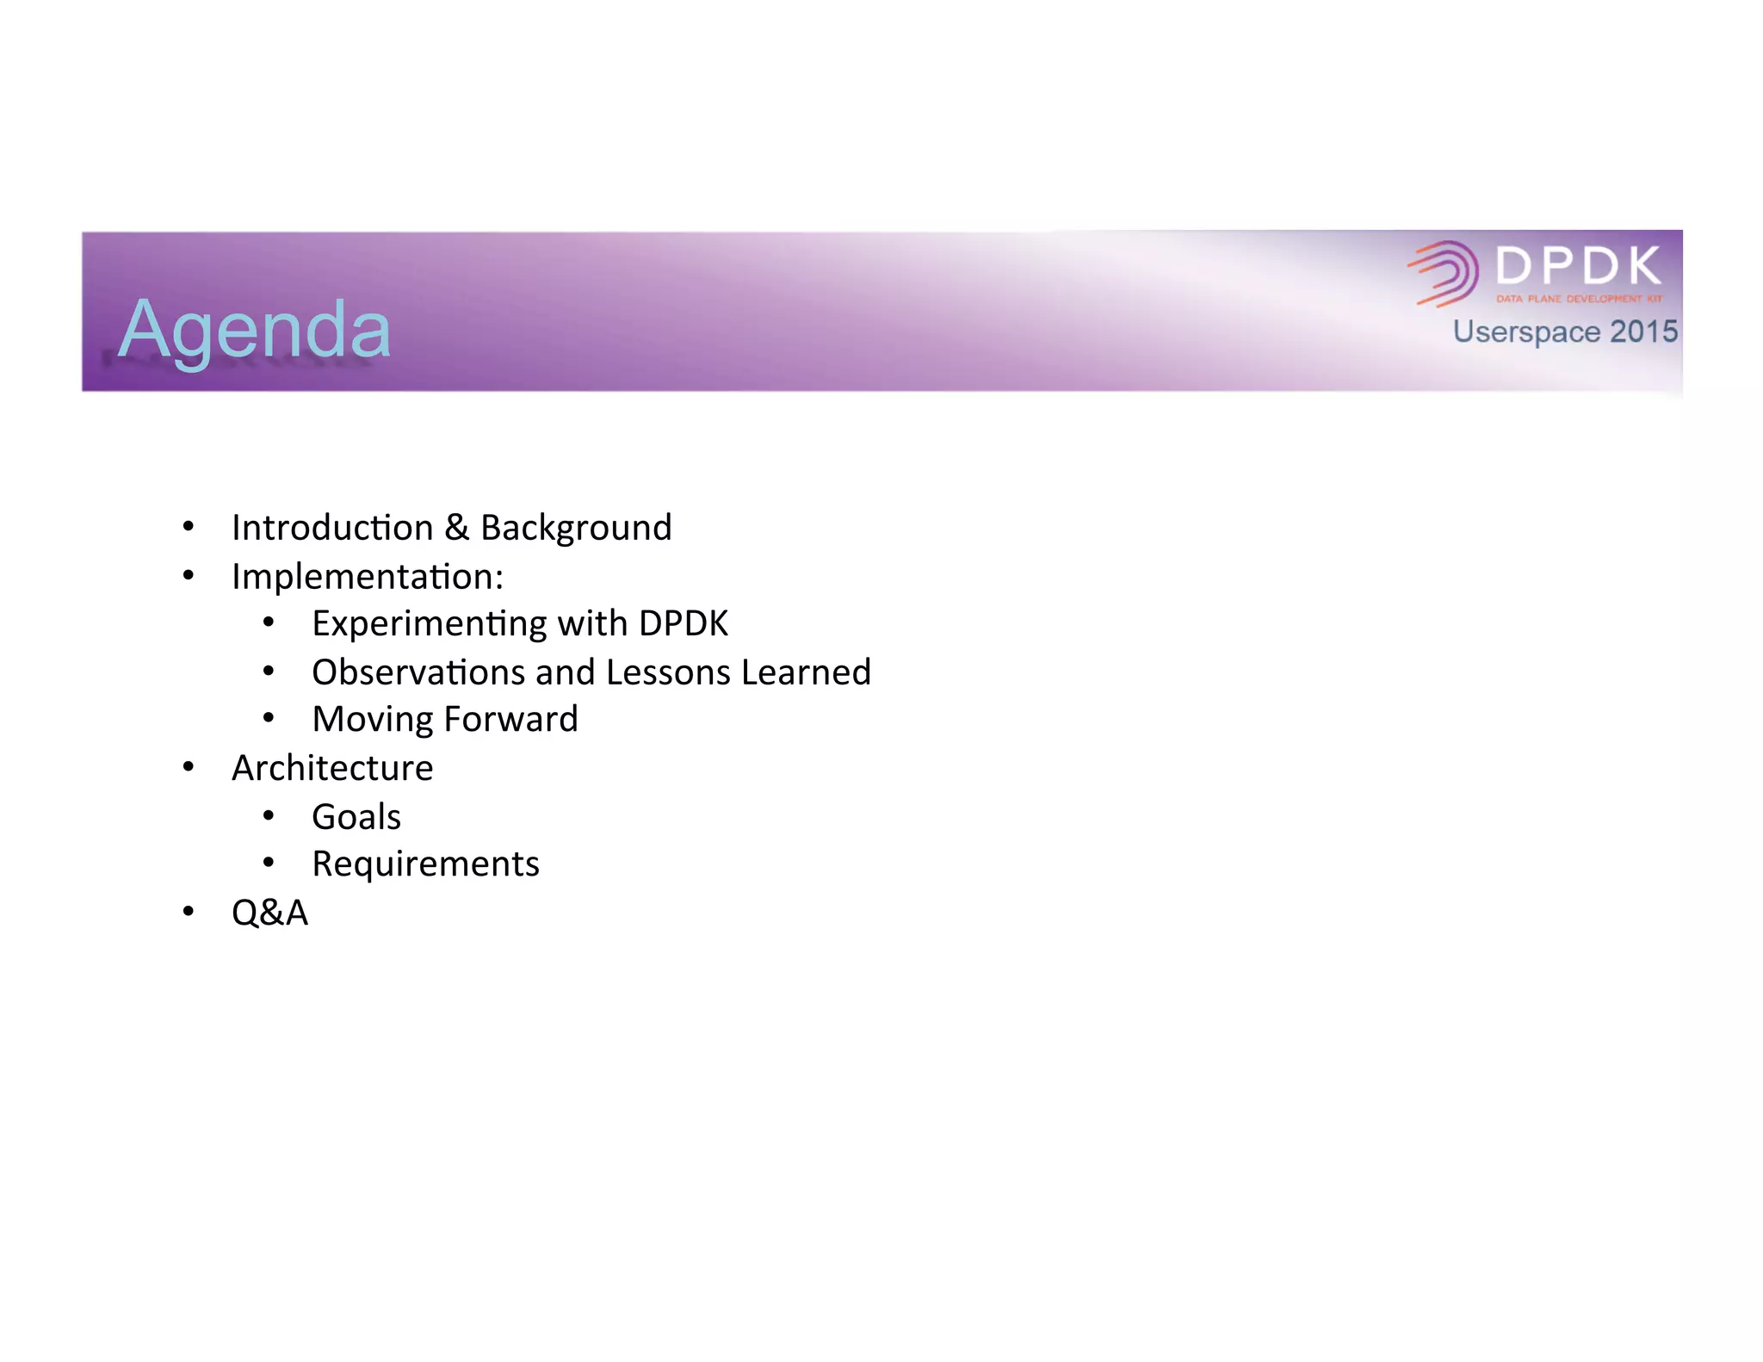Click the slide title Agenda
(x=255, y=330)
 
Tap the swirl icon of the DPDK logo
(x=1444, y=273)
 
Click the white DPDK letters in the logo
(x=1579, y=265)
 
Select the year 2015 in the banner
(x=1643, y=331)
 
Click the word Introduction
(x=332, y=528)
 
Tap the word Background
(x=576, y=528)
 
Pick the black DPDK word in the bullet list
(x=684, y=623)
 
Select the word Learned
(x=806, y=672)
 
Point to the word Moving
(x=372, y=720)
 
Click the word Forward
(x=511, y=719)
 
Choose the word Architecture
(x=332, y=768)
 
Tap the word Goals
(x=356, y=816)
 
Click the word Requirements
(x=425, y=864)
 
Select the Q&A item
(x=269, y=913)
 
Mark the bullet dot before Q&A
(x=189, y=911)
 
